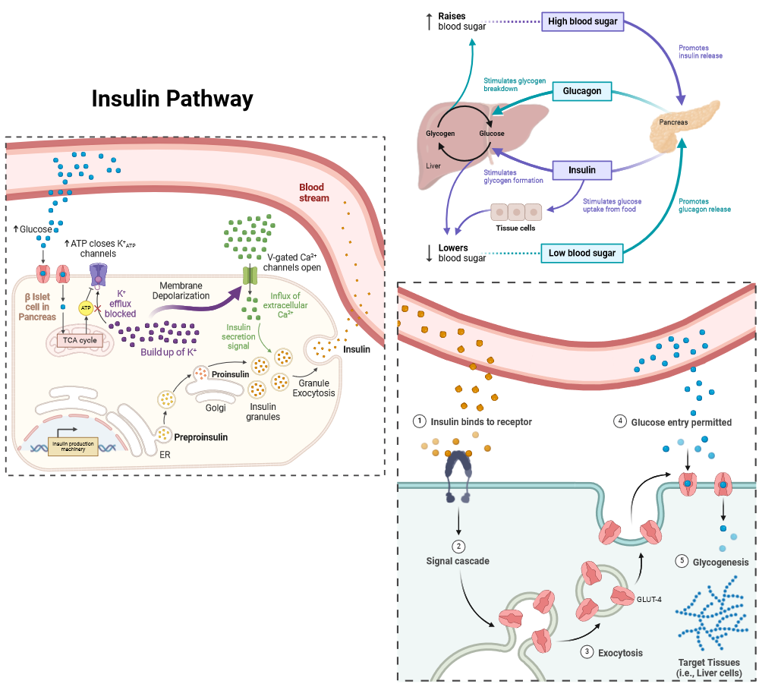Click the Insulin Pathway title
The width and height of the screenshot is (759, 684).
pos(172,99)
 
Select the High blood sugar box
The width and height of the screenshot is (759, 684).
pos(583,21)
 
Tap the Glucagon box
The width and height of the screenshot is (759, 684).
pos(582,91)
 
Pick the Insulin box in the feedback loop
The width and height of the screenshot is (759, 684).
pos(582,170)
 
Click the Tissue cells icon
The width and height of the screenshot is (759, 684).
pos(516,212)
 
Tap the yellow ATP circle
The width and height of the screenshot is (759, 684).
pos(86,307)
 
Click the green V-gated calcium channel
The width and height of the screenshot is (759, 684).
pos(250,276)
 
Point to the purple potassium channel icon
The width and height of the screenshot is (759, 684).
pos(99,275)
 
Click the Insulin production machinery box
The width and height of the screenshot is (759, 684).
pos(74,446)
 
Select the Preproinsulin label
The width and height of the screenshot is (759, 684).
pos(201,437)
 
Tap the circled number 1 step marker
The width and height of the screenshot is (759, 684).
pos(419,421)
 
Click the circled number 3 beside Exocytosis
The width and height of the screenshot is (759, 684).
pos(586,651)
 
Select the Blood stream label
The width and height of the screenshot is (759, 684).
pos(313,192)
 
